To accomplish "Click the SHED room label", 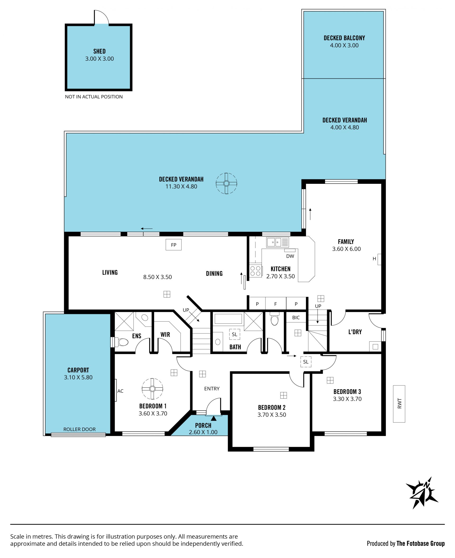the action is [x=99, y=51].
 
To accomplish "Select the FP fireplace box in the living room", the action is [x=173, y=245].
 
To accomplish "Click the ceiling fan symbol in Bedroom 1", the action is [x=152, y=389].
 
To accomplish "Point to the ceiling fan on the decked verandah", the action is [x=227, y=184].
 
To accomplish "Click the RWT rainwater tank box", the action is [x=399, y=404].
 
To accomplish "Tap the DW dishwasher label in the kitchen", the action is [x=290, y=256].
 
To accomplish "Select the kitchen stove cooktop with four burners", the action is [x=255, y=271].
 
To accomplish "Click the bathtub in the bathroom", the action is [x=228, y=319].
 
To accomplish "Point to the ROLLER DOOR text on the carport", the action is [x=79, y=429].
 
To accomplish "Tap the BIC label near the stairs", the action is [x=296, y=318].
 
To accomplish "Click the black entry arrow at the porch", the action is [x=214, y=418].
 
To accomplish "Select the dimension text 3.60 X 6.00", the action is [x=346, y=249].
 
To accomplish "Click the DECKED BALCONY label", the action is [x=344, y=38].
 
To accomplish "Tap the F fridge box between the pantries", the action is [x=275, y=304].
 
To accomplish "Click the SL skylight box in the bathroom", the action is [x=235, y=334].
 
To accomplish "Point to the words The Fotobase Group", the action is [x=421, y=544].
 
